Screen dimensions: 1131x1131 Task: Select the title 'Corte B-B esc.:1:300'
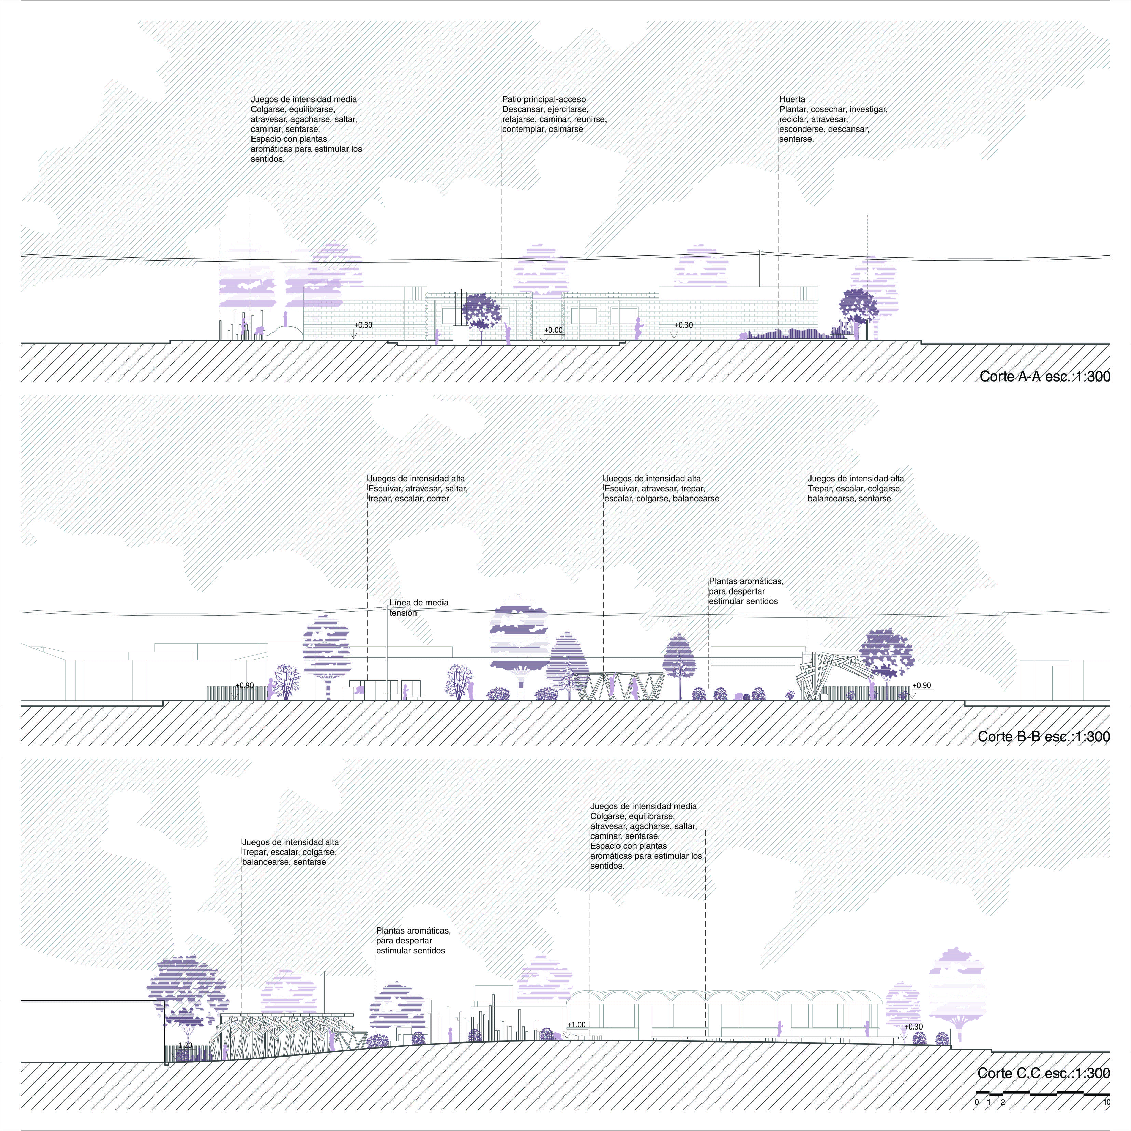tap(1044, 736)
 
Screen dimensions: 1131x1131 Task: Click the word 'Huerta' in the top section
tap(792, 99)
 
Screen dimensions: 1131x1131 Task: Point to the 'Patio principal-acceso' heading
tap(544, 99)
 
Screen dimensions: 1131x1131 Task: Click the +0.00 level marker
tap(553, 330)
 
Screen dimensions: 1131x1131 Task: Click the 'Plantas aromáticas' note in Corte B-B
tap(746, 591)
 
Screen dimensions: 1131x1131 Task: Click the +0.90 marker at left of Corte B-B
tap(245, 685)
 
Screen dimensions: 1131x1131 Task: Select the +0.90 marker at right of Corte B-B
tap(922, 685)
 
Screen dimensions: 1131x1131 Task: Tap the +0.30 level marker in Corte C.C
tap(913, 1027)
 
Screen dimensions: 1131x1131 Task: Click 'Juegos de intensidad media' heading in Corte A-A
tap(304, 99)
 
